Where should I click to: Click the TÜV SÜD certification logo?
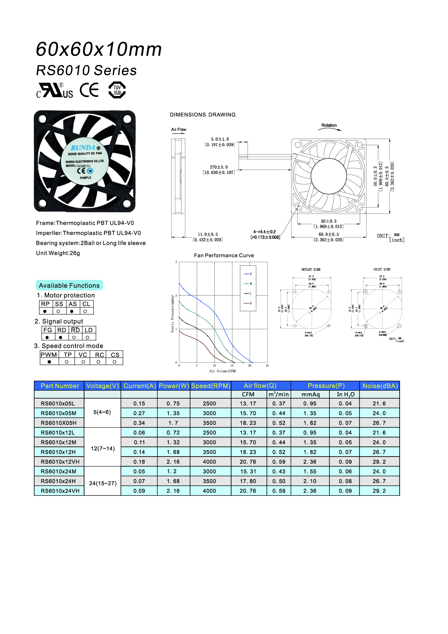(117, 90)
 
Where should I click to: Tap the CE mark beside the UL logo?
(89, 90)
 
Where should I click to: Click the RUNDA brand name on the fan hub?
(83, 148)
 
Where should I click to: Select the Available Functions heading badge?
(69, 285)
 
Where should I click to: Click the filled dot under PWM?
(49, 362)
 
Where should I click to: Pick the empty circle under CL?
(85, 311)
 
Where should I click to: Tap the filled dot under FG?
(47, 337)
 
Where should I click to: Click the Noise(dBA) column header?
(380, 386)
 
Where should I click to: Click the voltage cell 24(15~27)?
(103, 483)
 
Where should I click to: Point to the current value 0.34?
(139, 423)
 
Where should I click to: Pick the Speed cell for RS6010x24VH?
(209, 491)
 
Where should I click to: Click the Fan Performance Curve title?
(224, 255)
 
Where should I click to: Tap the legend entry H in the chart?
(251, 274)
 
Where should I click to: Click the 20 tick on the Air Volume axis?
(249, 366)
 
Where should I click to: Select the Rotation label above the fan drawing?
(329, 125)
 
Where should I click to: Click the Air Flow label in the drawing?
(178, 130)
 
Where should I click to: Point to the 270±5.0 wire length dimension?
(219, 167)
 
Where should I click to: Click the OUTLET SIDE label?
(311, 269)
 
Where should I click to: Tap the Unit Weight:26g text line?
(58, 253)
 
